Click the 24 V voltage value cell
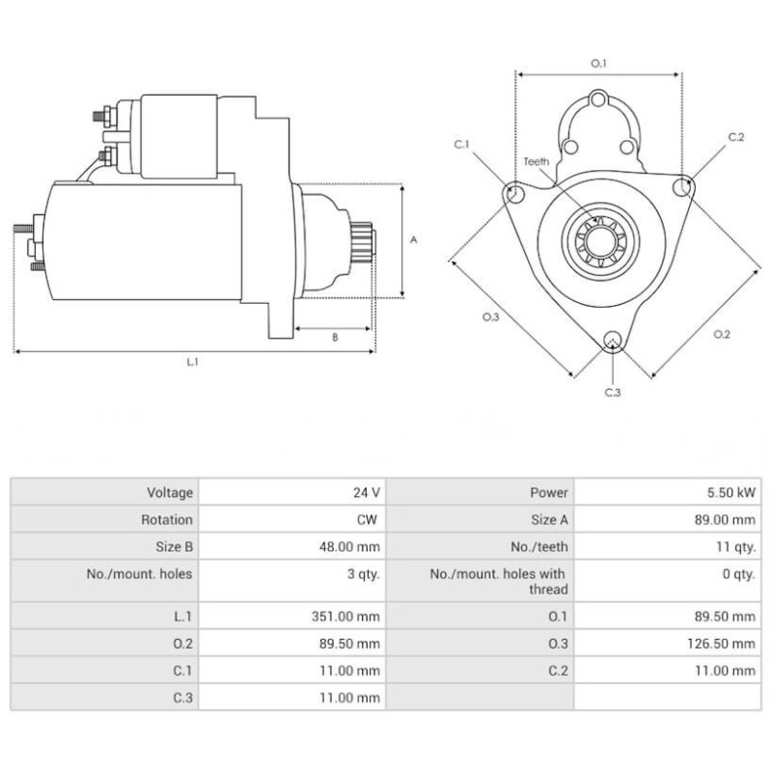367,492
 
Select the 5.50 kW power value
731,492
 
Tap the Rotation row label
167,519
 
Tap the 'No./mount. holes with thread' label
498,581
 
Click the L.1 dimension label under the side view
192,362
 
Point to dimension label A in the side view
413,240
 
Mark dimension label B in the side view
335,338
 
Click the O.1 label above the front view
598,64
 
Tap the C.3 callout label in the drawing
612,392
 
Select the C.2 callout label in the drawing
736,137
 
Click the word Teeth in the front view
537,161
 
